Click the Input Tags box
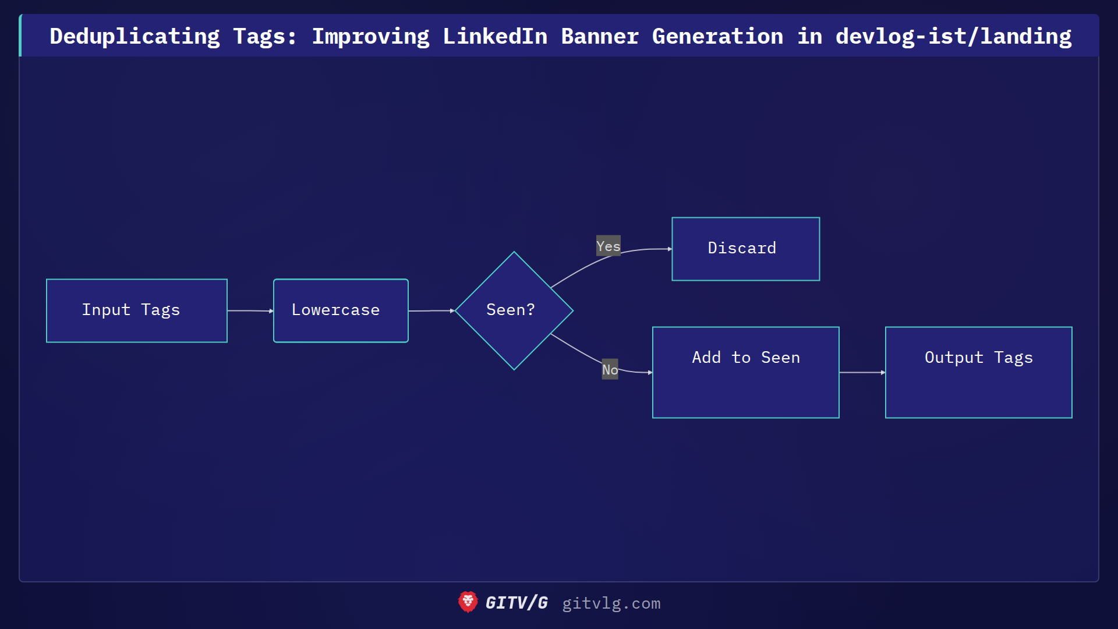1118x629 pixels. (x=137, y=310)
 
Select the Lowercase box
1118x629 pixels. (x=341, y=310)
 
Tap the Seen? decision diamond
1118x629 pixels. (x=514, y=310)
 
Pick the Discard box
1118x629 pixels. (x=745, y=249)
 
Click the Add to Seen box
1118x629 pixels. (x=745, y=372)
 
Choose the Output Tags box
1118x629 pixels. (x=978, y=372)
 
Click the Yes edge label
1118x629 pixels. (x=608, y=246)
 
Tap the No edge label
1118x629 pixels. (x=610, y=369)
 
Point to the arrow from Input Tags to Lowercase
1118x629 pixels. (x=250, y=311)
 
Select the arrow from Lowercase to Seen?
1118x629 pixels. (x=431, y=311)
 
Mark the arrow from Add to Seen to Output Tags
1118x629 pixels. (x=862, y=372)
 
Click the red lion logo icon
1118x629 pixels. (x=468, y=602)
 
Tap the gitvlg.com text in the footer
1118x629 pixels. (x=611, y=603)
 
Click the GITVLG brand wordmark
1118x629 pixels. (x=516, y=603)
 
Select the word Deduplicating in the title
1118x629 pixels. (x=135, y=36)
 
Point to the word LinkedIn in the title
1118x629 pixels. (x=495, y=36)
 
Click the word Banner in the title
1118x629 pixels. (x=600, y=36)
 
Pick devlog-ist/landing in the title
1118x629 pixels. (x=953, y=36)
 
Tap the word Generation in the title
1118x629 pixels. (x=717, y=36)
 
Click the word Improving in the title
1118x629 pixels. (x=370, y=36)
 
